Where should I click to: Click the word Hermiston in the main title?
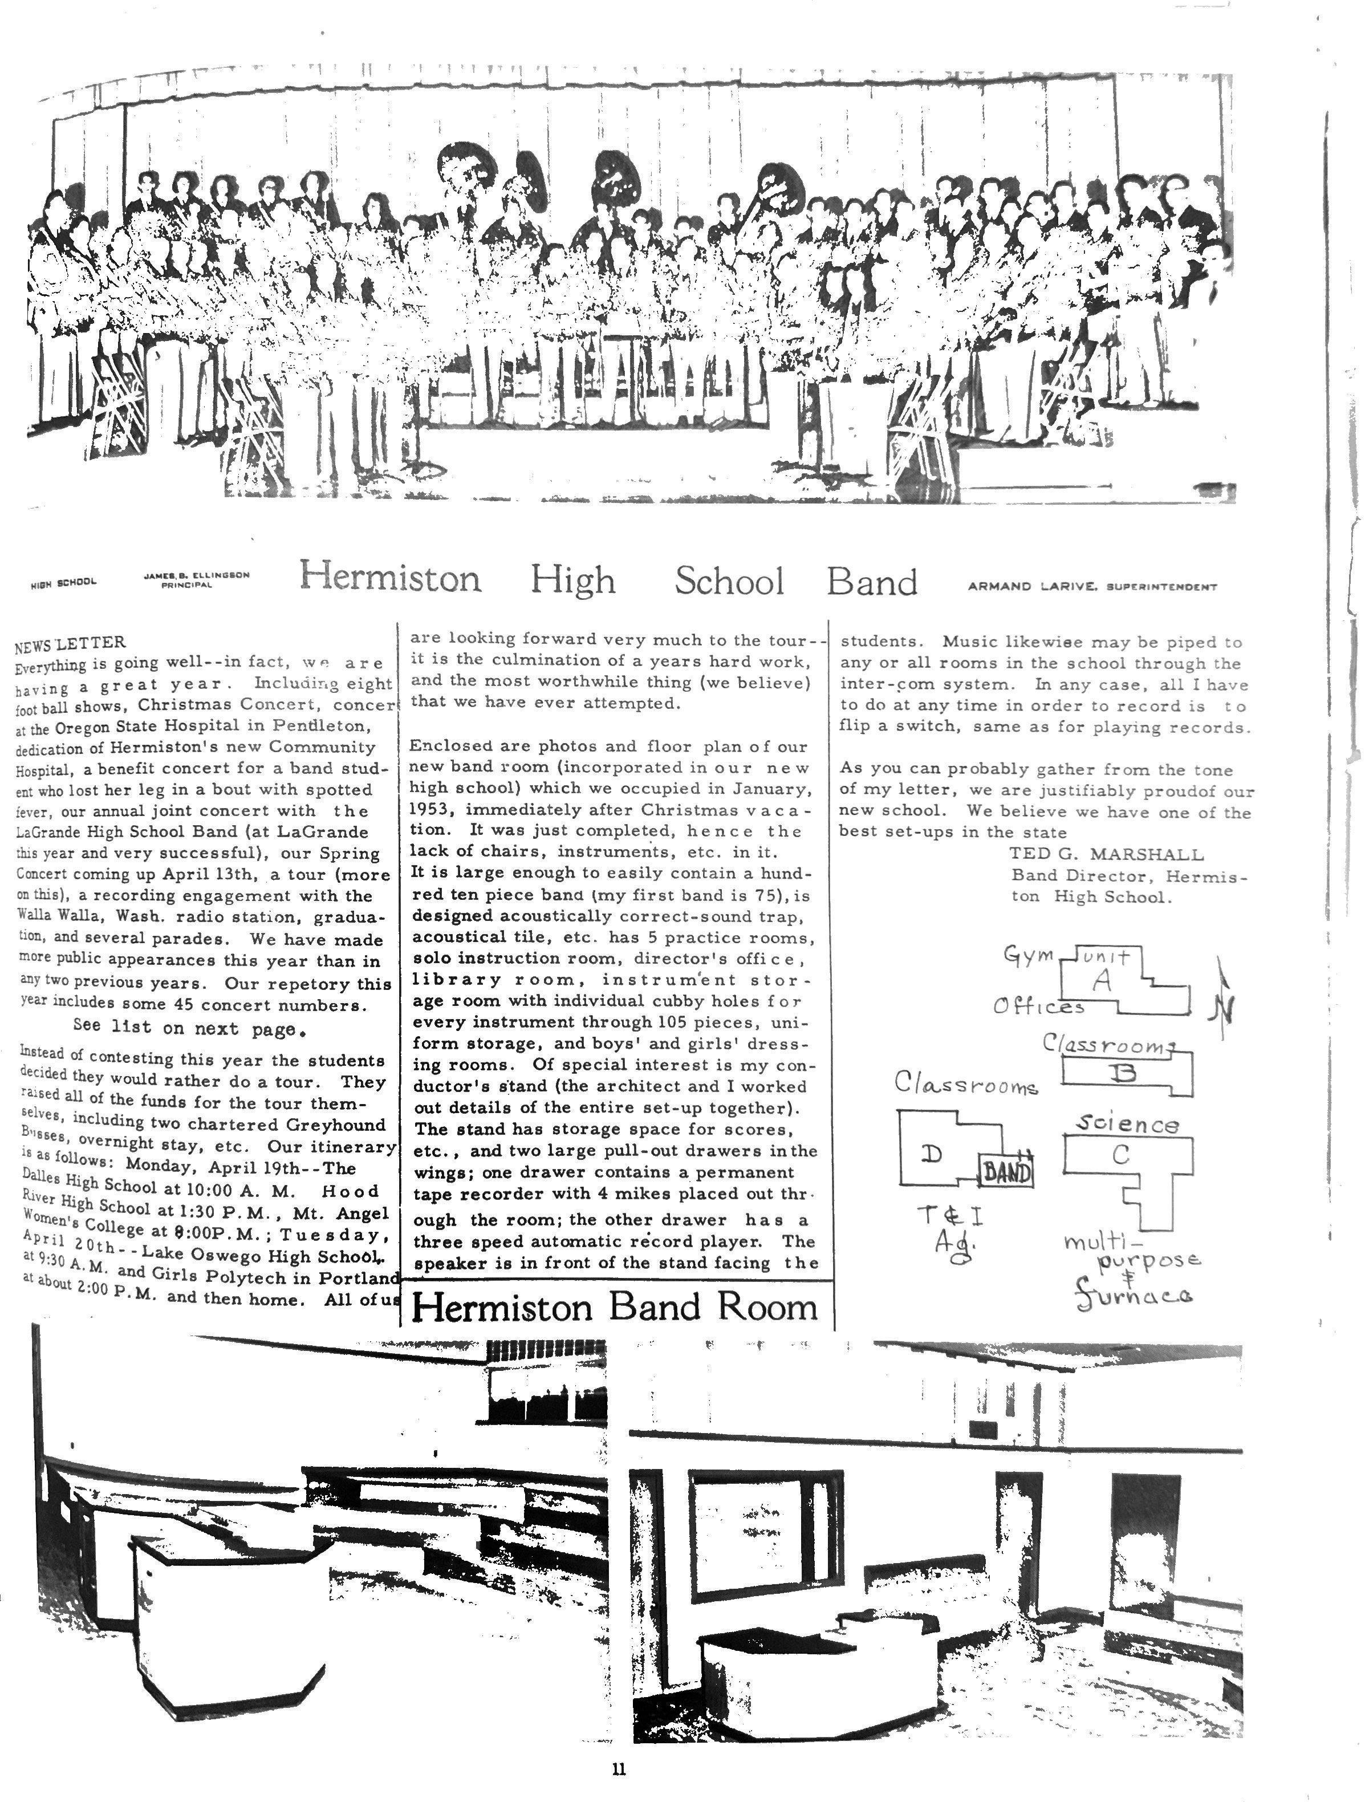click(x=390, y=578)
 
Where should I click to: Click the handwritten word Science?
click(x=1127, y=1124)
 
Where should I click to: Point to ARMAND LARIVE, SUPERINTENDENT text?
click(x=1092, y=587)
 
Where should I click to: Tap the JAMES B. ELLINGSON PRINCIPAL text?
click(x=196, y=580)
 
